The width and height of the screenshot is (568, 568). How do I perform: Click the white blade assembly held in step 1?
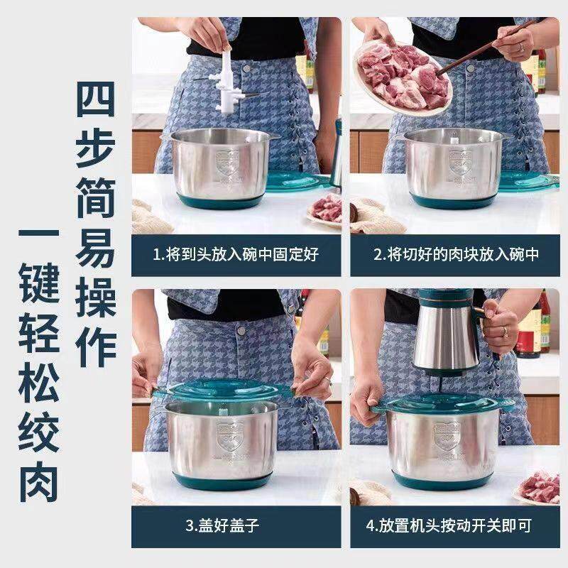click(226, 78)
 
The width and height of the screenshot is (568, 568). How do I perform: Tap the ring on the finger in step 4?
click(505, 332)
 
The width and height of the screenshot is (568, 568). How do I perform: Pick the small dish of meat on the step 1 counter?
click(327, 208)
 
